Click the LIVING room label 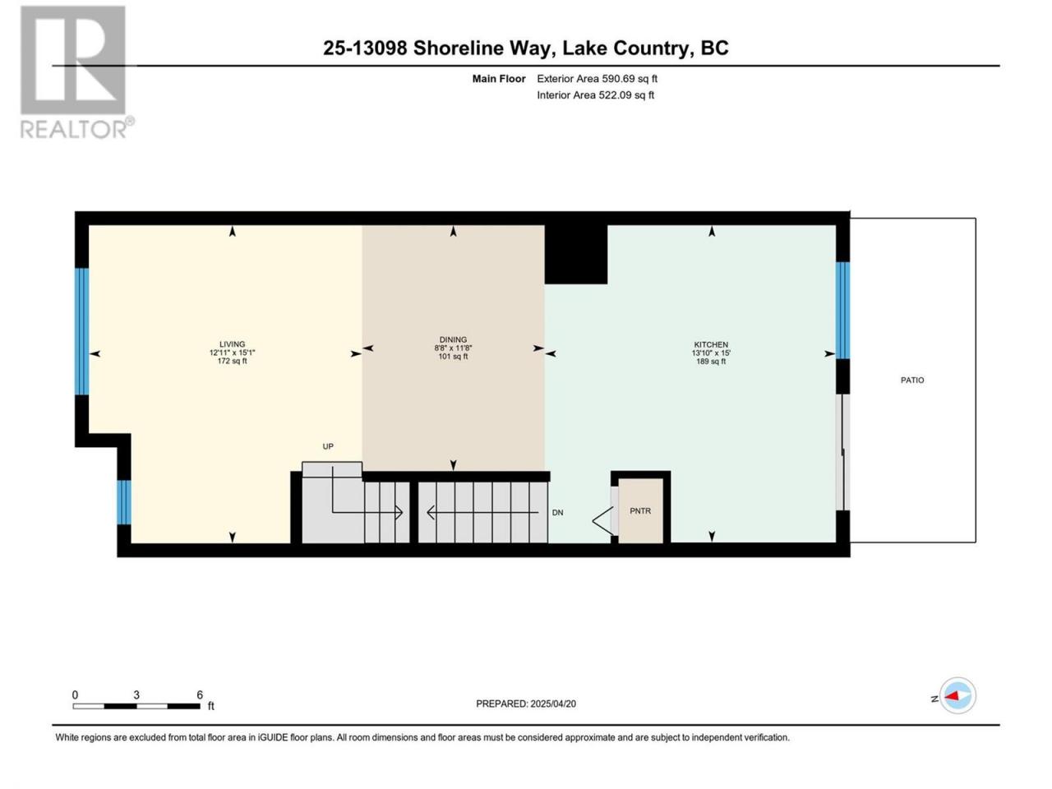(x=232, y=344)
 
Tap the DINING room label (x=453, y=339)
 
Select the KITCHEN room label (x=711, y=344)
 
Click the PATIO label (x=912, y=380)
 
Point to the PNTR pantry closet (x=640, y=510)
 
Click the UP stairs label (x=328, y=446)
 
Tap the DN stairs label (x=557, y=512)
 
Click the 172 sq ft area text (x=232, y=361)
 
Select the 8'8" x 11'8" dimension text (x=453, y=348)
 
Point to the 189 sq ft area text (x=711, y=361)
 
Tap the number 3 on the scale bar (x=136, y=694)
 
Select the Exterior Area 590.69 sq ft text (x=598, y=79)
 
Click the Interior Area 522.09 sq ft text (x=595, y=95)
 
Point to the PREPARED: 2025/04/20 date (x=526, y=704)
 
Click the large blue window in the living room (x=82, y=331)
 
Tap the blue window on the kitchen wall (x=842, y=310)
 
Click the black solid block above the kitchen (x=576, y=255)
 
